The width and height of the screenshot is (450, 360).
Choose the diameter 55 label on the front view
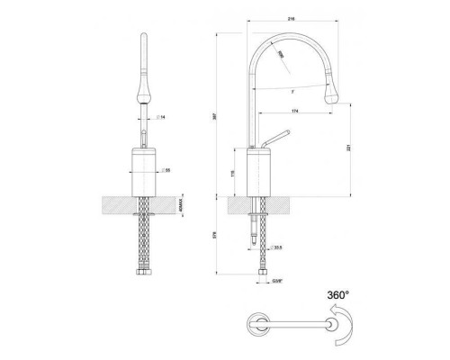(166, 168)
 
